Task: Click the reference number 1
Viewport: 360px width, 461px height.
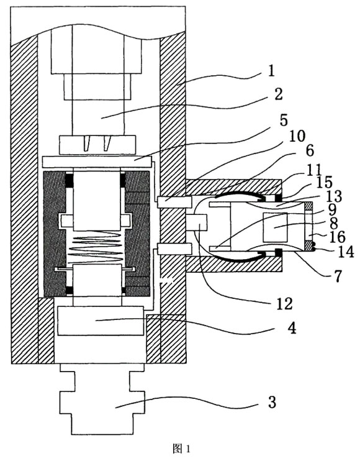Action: (x=271, y=71)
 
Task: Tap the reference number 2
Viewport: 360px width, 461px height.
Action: (x=278, y=94)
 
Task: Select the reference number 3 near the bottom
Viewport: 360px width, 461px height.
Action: (x=272, y=402)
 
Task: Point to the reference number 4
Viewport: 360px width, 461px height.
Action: (x=291, y=328)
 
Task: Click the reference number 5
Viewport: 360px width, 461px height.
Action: (x=284, y=120)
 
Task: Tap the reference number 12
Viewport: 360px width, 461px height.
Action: (x=284, y=303)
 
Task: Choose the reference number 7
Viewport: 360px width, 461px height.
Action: (x=338, y=276)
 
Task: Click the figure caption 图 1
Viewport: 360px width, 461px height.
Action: (x=181, y=449)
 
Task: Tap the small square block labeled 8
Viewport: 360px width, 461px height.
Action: (x=276, y=227)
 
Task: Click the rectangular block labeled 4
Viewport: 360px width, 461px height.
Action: (x=101, y=321)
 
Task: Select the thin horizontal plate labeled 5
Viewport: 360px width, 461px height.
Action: (x=97, y=162)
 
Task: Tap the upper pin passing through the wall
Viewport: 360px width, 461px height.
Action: (x=174, y=202)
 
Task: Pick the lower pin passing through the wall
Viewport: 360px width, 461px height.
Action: (x=174, y=249)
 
